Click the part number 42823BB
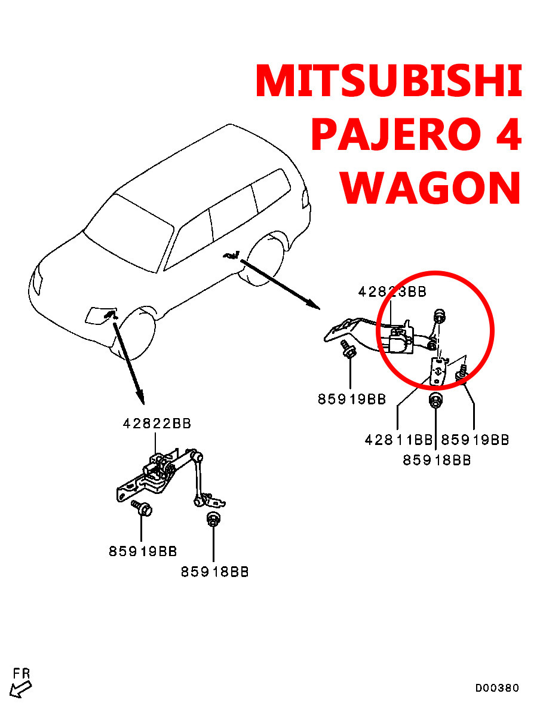tap(392, 291)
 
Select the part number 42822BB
tap(157, 423)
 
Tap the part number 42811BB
tap(398, 440)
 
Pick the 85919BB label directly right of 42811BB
tap(475, 440)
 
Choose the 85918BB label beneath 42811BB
tap(437, 461)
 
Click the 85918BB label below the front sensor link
tap(215, 572)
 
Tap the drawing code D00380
tap(497, 688)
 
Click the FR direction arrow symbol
tap(21, 688)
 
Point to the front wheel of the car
tap(137, 334)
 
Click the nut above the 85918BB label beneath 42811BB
tap(436, 402)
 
